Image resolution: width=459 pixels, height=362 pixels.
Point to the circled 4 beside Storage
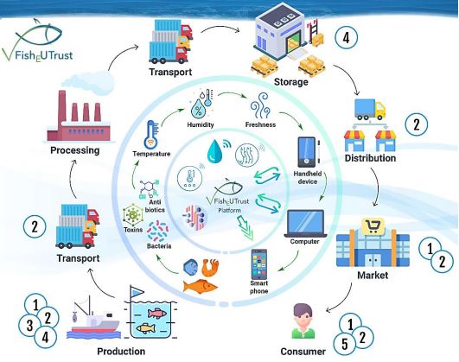click(x=346, y=38)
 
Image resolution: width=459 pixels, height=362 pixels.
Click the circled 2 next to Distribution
click(x=418, y=124)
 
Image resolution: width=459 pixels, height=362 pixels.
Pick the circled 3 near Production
click(x=29, y=324)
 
